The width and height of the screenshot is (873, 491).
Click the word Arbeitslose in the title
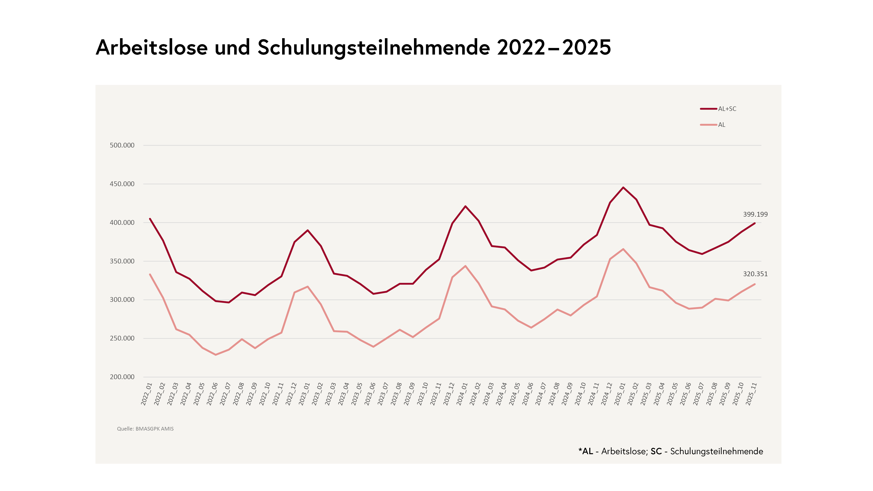[151, 48]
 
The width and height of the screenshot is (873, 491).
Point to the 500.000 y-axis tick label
[122, 145]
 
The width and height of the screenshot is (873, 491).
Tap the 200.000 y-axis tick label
[122, 377]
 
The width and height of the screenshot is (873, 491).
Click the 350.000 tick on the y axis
[122, 261]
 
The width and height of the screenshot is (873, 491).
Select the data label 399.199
[755, 215]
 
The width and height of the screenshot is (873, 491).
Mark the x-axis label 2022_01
[146, 394]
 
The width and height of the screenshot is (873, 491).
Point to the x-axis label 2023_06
[370, 394]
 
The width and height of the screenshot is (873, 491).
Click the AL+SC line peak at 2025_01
[623, 187]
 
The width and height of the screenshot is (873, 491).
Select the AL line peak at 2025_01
[623, 249]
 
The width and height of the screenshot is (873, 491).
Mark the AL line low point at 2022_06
[216, 355]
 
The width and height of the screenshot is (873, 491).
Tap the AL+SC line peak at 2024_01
[465, 206]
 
